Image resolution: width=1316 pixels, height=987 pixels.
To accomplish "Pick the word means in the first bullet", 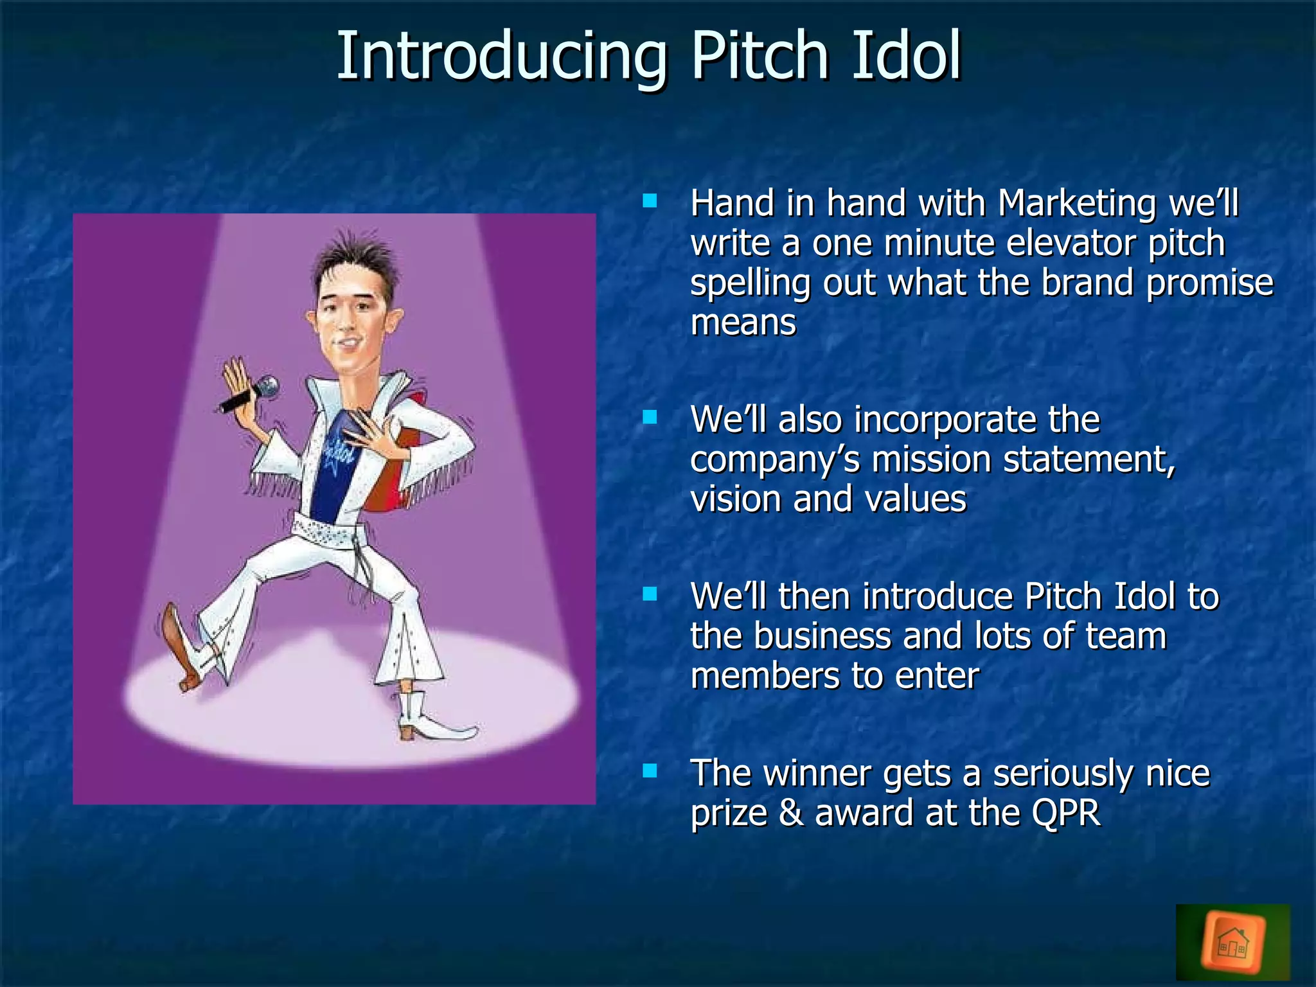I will (x=743, y=323).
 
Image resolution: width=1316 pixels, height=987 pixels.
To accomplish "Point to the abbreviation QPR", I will (x=1066, y=814).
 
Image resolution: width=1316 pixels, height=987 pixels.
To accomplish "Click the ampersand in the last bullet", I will (x=791, y=814).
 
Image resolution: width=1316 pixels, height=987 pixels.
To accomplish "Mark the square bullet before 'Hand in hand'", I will (x=650, y=201).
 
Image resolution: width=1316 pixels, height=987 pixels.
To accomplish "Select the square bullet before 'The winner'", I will (x=650, y=770).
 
